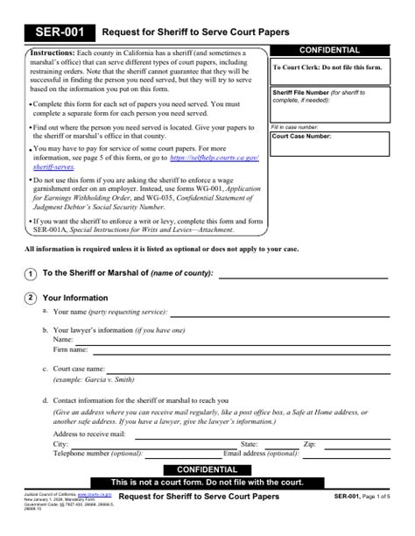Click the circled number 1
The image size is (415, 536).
point(31,273)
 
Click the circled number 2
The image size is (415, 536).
point(31,298)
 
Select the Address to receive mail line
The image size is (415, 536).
point(263,434)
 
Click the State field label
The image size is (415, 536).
point(249,445)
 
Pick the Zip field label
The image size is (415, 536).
point(309,445)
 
